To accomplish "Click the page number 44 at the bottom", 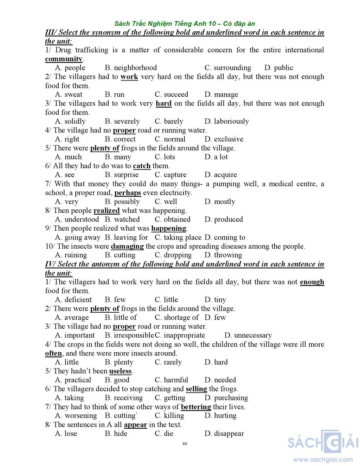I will tap(185, 443).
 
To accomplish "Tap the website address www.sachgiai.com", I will tap(323, 459).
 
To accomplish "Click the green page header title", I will tap(185, 24).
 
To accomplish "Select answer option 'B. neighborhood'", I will tap(131, 68).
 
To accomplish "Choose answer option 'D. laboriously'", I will tap(226, 121).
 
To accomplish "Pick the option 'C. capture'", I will tap(171, 175).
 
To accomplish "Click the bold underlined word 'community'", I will tap(64, 59).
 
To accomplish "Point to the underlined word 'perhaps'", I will tap(128, 193).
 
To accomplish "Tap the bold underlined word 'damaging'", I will tap(127, 246).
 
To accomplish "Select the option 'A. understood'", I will tap(77, 219).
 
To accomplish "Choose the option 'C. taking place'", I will tap(178, 237).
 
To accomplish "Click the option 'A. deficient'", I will tap(73, 300).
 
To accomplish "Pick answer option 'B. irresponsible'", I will tap(129, 335).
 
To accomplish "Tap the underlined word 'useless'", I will tap(120, 371).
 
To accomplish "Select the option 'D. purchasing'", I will tap(226, 398).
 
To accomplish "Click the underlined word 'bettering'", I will tap(196, 407).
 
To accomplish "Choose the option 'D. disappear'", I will tap(224, 434).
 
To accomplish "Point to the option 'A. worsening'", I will tap(76, 416).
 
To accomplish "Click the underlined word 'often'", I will tap(53, 353).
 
